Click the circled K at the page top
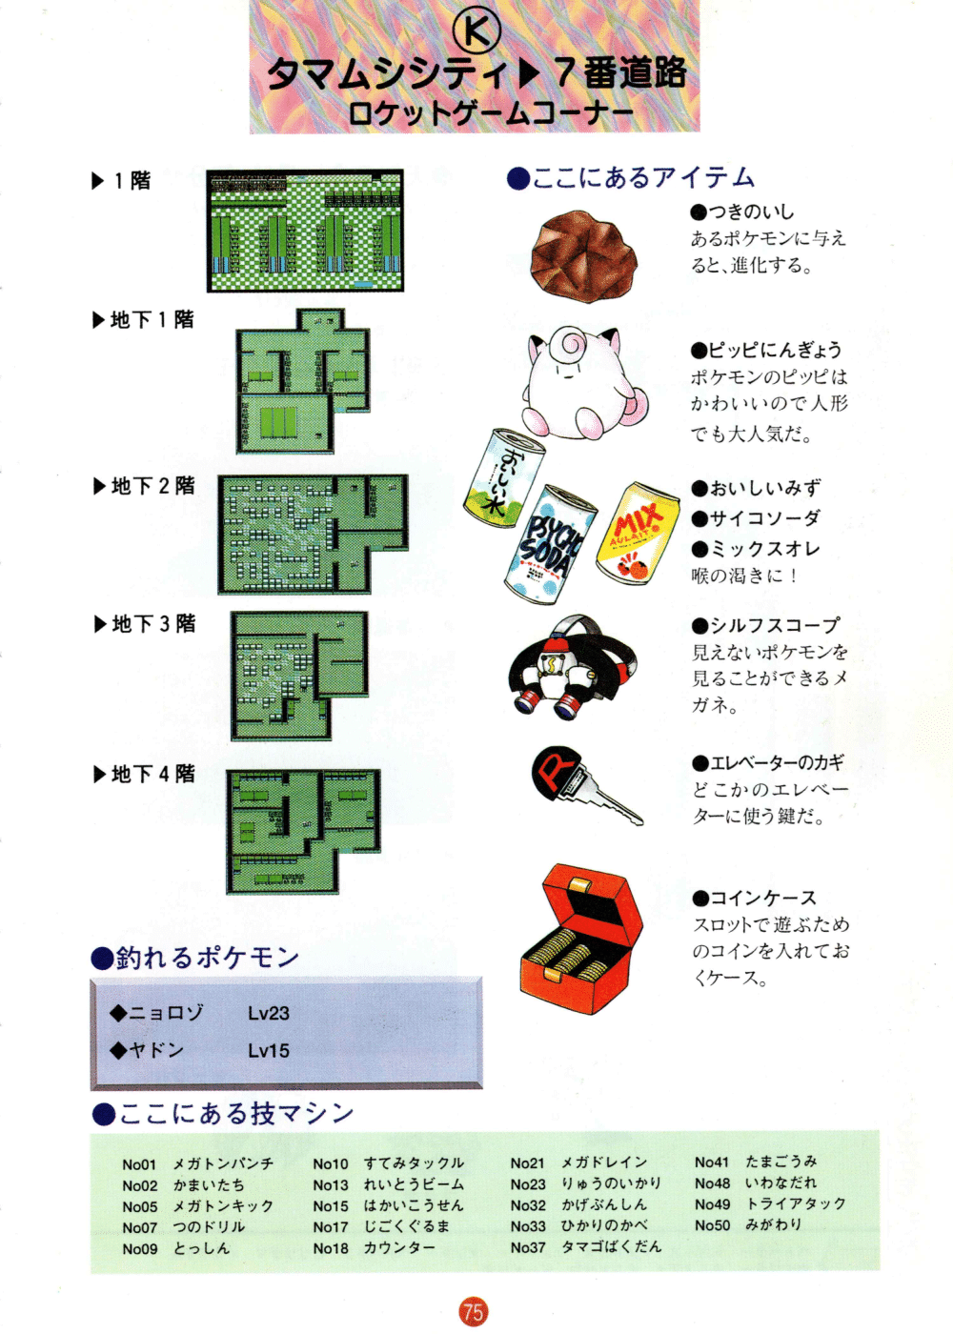click(476, 30)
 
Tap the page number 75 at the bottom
click(474, 1311)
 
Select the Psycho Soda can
click(551, 544)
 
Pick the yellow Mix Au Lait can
click(638, 533)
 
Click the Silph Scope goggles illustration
click(572, 668)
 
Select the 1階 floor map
click(305, 231)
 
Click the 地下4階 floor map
click(303, 831)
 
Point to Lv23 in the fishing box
click(269, 1013)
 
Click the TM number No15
click(331, 1206)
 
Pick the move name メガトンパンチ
click(223, 1163)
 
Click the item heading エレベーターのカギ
click(777, 763)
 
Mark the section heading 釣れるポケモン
click(207, 957)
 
